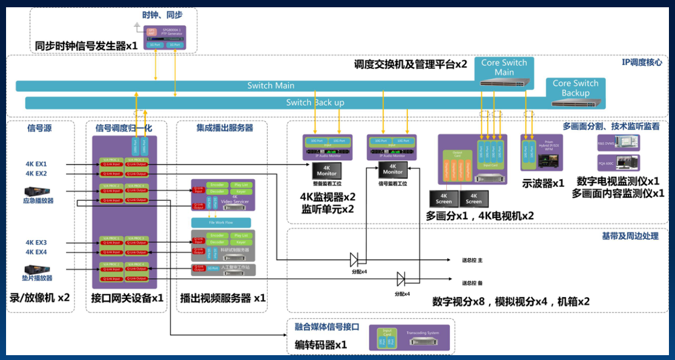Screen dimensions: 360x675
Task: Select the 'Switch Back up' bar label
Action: click(315, 102)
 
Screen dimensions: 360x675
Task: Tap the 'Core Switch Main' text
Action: click(504, 67)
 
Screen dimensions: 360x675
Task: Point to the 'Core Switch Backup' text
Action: click(575, 88)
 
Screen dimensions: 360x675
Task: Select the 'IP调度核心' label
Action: click(642, 62)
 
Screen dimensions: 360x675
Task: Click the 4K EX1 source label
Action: click(36, 164)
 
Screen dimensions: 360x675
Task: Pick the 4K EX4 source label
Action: click(36, 252)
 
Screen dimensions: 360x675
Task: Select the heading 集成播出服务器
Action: click(225, 128)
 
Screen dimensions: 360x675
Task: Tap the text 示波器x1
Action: click(543, 182)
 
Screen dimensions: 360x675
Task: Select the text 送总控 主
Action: click(472, 260)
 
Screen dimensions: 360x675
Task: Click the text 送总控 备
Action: click(472, 283)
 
